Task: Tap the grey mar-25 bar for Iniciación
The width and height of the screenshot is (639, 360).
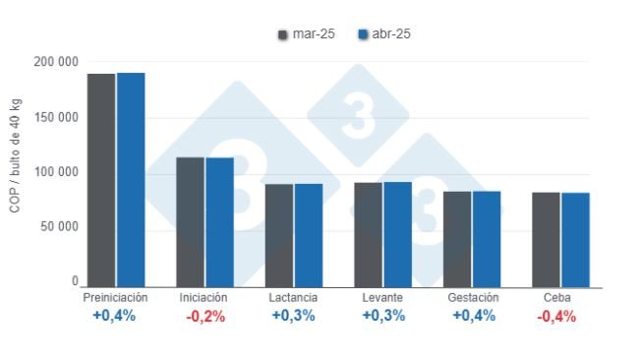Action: pyautogui.click(x=190, y=222)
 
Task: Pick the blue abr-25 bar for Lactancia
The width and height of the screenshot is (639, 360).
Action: pyautogui.click(x=309, y=236)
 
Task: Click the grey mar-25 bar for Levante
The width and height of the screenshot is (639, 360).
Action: pyautogui.click(x=369, y=235)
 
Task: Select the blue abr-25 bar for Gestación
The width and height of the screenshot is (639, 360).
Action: pyautogui.click(x=487, y=239)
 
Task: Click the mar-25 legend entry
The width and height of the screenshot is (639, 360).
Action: pyautogui.click(x=306, y=34)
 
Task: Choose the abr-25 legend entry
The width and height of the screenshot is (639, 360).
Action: pyautogui.click(x=384, y=34)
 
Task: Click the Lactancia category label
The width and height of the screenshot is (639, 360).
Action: pyautogui.click(x=293, y=297)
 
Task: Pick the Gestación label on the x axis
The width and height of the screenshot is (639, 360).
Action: pyautogui.click(x=473, y=297)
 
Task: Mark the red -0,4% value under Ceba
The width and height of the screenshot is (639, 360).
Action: pyautogui.click(x=556, y=316)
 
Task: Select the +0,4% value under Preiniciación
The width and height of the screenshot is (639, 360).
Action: pyautogui.click(x=116, y=316)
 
